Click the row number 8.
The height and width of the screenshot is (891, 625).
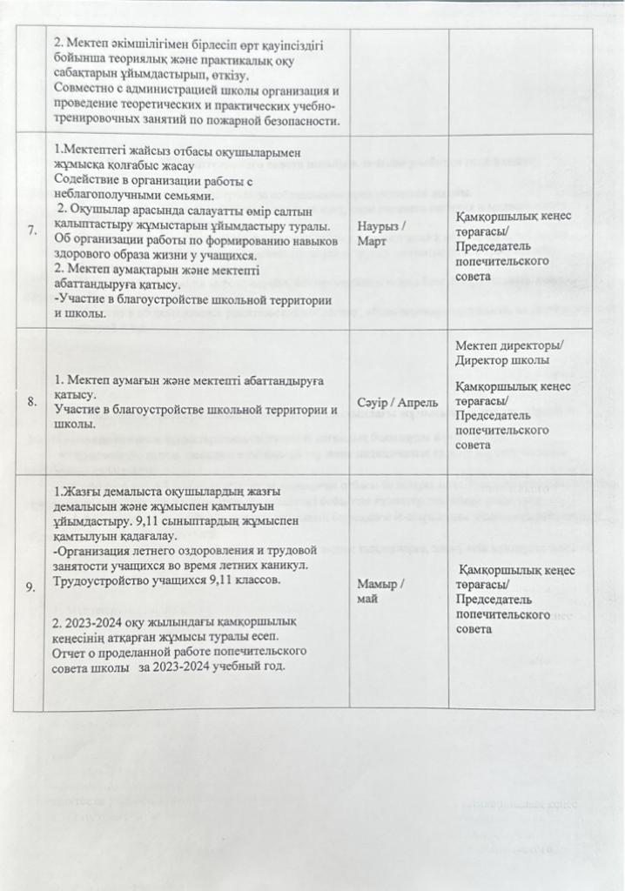[32, 402]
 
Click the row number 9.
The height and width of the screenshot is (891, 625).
[32, 588]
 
